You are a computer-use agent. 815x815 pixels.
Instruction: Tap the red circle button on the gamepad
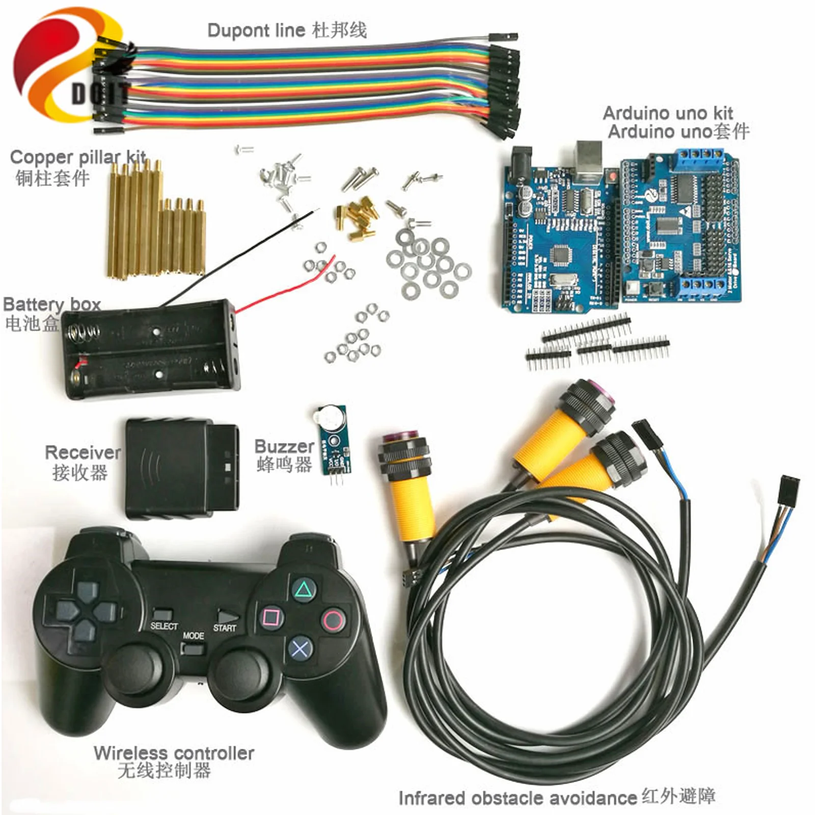[333, 620]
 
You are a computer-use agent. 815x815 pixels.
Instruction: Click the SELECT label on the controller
[164, 626]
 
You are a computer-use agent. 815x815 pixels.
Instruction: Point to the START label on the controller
[225, 628]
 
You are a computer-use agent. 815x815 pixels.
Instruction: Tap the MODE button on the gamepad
[193, 649]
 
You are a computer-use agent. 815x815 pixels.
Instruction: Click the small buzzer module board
[334, 440]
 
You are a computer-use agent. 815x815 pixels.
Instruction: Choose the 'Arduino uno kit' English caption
[667, 113]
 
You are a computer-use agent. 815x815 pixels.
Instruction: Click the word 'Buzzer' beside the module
[284, 446]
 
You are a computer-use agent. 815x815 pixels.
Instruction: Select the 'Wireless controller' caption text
[174, 753]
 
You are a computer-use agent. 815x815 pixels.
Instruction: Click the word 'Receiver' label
[83, 452]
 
